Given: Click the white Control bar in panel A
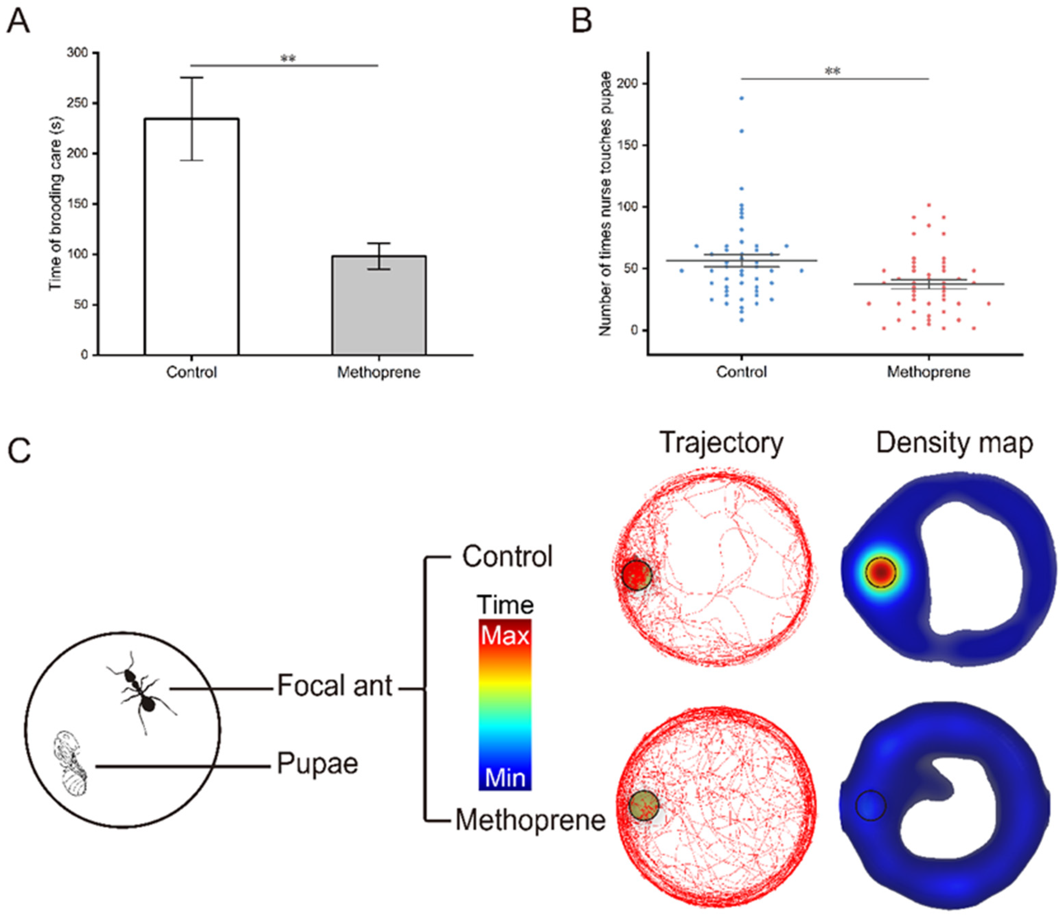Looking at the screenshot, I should click(x=191, y=236).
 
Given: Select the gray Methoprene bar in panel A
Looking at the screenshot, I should click(x=379, y=305).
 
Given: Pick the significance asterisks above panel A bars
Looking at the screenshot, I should click(x=288, y=59).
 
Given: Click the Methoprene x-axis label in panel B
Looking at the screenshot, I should click(x=928, y=372).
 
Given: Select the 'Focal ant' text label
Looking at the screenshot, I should click(x=334, y=686).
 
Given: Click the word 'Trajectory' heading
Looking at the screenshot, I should click(x=721, y=443).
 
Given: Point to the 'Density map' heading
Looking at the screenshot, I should click(x=954, y=443).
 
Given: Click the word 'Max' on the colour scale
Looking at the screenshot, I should click(x=505, y=636).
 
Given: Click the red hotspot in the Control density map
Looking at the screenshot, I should click(x=881, y=572).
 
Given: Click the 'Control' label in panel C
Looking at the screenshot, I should click(x=507, y=557).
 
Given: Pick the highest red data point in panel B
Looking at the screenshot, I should click(x=928, y=205).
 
